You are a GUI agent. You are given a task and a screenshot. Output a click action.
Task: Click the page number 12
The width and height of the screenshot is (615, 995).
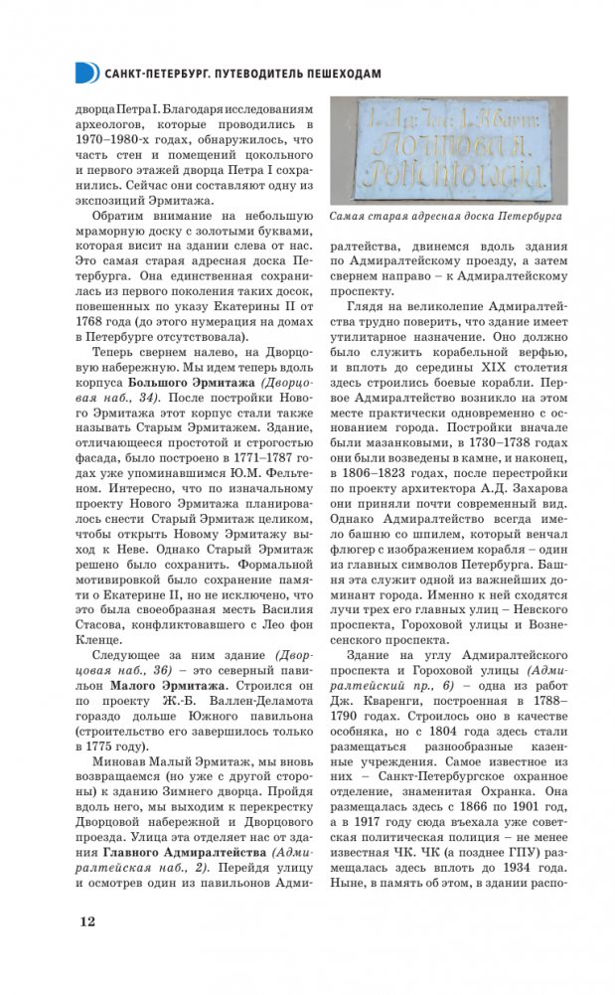point(87,921)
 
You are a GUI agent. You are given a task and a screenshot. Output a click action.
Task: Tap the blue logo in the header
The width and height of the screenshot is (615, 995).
point(86,72)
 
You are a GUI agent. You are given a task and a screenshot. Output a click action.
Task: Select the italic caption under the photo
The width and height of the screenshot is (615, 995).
point(446,216)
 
